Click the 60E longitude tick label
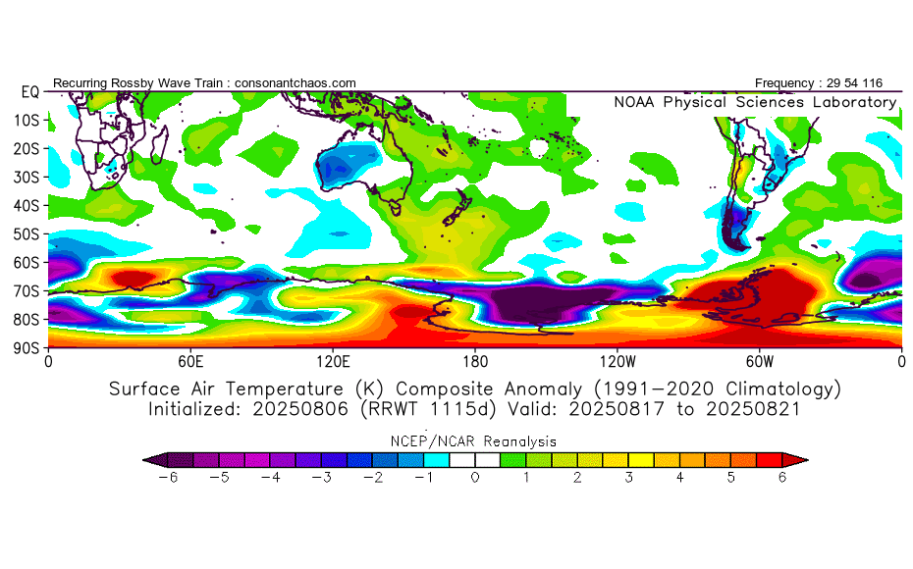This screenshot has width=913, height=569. pos(190,361)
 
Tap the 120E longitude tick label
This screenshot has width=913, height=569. pos(333,361)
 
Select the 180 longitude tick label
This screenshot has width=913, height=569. pos(475,361)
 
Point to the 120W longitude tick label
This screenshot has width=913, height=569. pos(618,361)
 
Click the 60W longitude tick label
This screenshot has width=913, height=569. pos(760,361)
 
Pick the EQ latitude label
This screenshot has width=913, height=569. pos(29,91)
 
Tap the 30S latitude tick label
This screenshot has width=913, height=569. pos(27,177)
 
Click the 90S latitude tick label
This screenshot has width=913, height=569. pos(27,347)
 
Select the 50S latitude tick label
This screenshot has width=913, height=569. pos(27,233)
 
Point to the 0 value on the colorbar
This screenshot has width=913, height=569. pos(475,478)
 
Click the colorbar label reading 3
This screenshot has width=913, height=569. pos(629,478)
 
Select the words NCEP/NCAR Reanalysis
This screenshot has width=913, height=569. pos(475,441)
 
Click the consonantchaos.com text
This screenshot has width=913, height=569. pos(295,83)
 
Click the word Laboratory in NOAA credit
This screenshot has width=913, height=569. pos(858,102)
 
